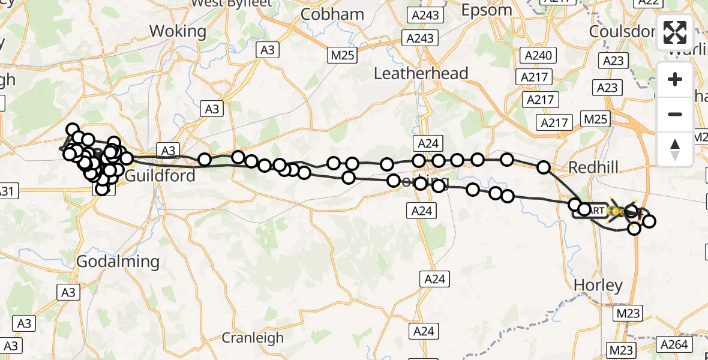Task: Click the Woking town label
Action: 177,31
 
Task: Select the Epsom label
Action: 487,10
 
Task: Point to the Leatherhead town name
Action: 421,73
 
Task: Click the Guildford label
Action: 160,176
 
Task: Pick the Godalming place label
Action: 118,262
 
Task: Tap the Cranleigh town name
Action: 253,338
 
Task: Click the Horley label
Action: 598,285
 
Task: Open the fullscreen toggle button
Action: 675,32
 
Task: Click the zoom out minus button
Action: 675,115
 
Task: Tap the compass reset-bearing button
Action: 675,149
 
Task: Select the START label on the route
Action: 591,211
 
